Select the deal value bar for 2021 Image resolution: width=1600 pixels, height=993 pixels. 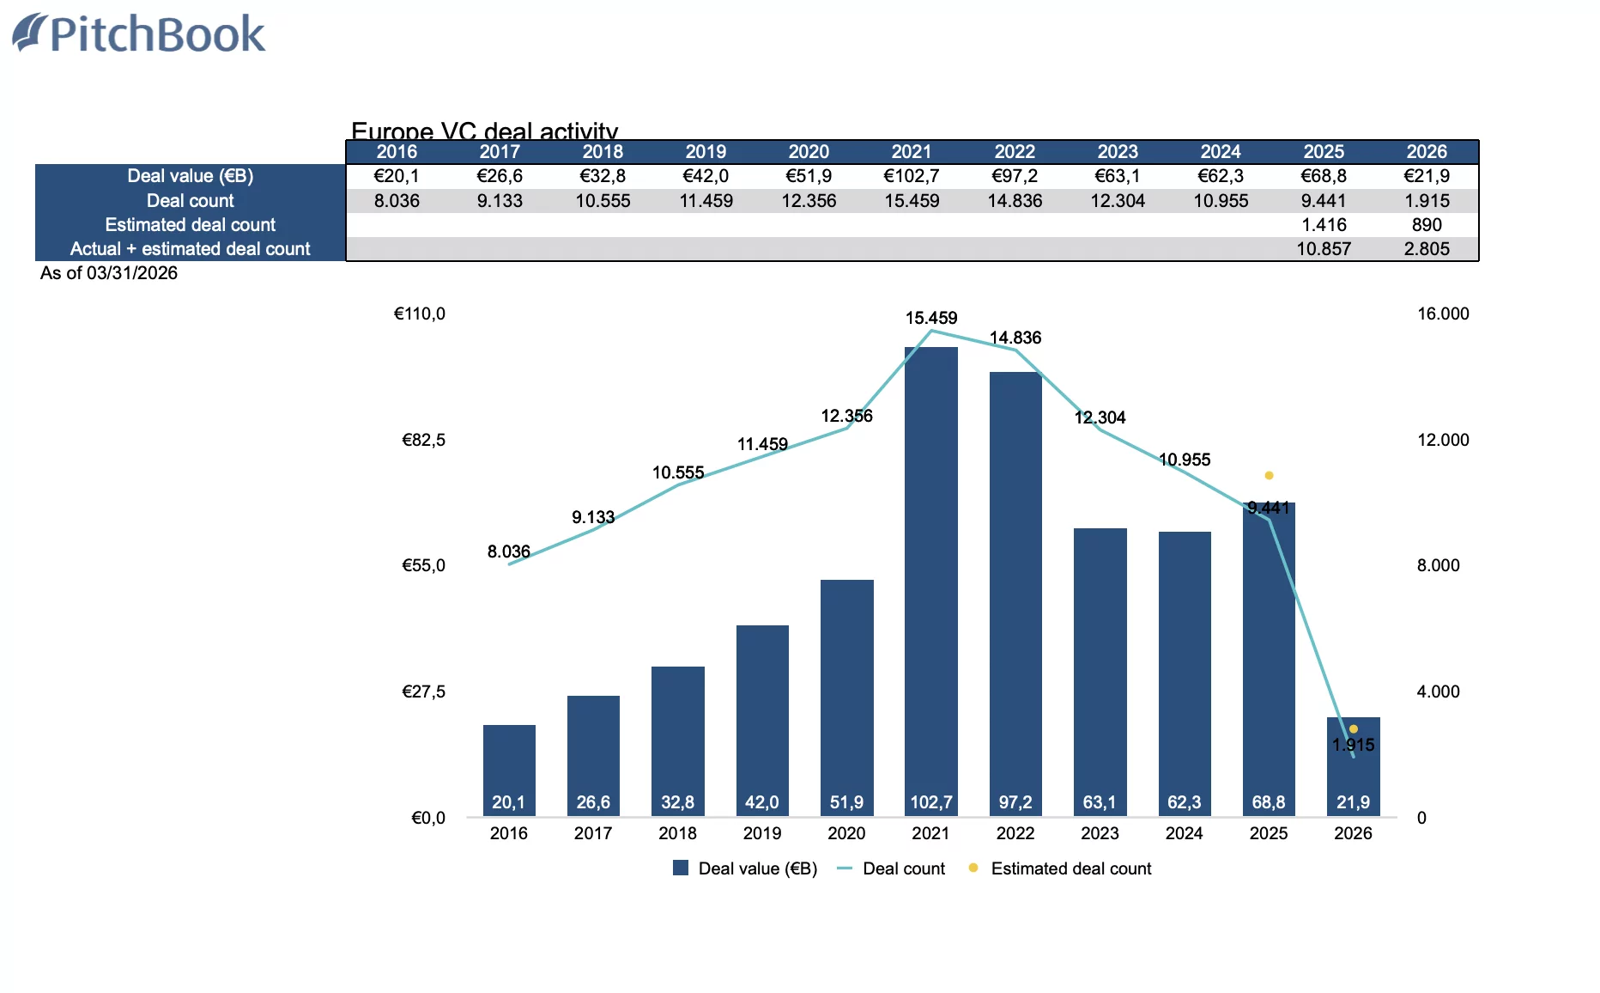930,576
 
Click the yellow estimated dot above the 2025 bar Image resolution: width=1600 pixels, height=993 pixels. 1269,475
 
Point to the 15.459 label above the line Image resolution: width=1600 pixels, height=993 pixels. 930,318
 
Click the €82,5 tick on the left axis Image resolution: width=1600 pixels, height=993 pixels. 423,440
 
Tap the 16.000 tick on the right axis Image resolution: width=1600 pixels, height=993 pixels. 1443,314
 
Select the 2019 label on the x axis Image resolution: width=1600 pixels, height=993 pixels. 762,833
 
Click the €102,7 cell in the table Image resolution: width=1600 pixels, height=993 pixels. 912,176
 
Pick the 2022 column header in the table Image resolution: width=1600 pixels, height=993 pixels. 1015,152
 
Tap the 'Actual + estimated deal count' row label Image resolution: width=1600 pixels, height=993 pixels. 190,249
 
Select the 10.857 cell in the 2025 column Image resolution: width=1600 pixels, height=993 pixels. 1324,249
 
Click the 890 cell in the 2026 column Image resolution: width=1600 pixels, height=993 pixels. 1427,225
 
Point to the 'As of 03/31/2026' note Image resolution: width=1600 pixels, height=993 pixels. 109,273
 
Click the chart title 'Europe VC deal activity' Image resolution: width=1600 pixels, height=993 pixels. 484,131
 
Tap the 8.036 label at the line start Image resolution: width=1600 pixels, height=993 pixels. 508,551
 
